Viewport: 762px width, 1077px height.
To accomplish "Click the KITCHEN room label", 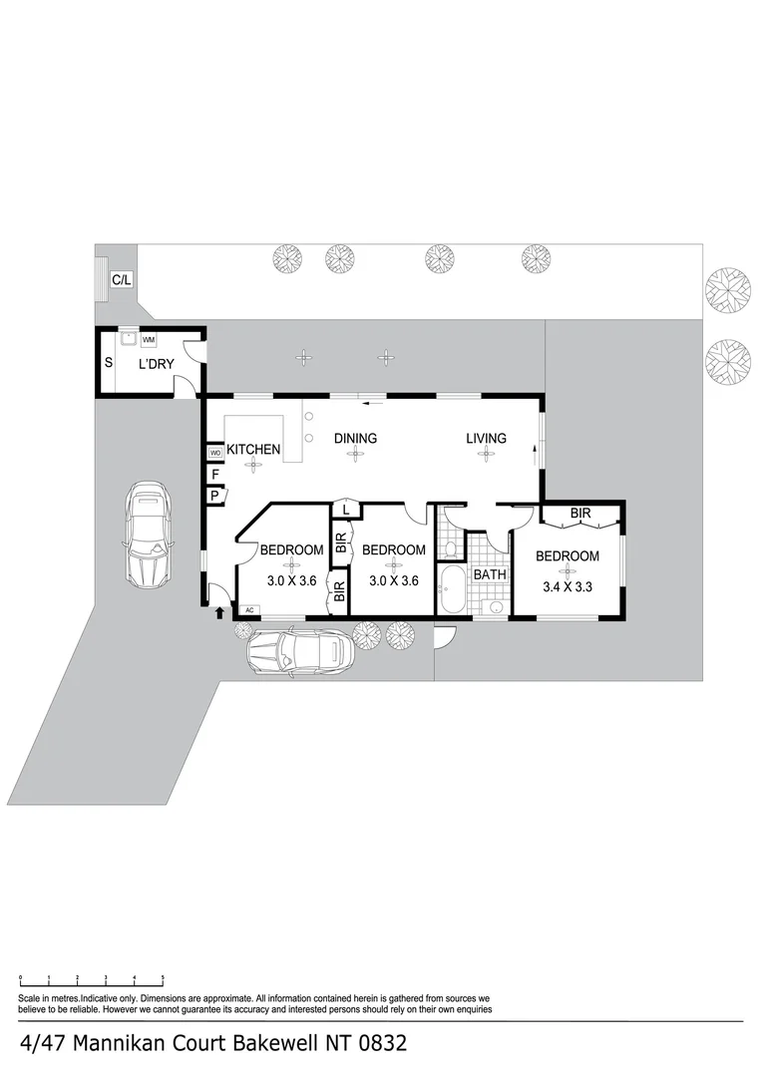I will coord(253,450).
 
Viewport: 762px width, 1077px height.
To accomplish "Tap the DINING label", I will coord(355,438).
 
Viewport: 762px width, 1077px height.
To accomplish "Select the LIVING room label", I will coord(485,438).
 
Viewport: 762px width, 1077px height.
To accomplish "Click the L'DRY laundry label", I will coord(156,364).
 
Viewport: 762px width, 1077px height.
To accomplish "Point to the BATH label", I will coord(490,575).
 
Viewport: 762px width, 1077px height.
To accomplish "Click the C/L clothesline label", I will coord(121,280).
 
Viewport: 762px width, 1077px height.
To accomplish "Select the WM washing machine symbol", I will coord(148,340).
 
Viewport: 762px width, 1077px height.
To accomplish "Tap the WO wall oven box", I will coord(214,454).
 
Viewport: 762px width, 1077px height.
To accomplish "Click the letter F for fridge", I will coord(214,475).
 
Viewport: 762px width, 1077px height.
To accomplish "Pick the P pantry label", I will coord(214,496).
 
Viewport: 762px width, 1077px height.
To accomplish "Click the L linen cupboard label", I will coord(345,510).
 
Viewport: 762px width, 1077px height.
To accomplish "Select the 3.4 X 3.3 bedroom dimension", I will coord(567,586).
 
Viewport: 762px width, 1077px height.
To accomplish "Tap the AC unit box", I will coord(248,609).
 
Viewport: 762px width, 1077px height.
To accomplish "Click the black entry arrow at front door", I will coord(218,611).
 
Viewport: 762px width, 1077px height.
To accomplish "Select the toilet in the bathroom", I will coord(452,548).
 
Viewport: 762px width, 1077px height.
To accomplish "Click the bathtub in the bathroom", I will coord(452,590).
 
